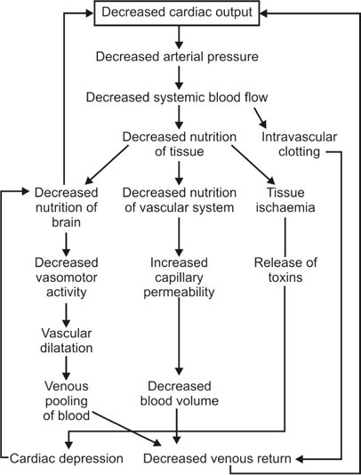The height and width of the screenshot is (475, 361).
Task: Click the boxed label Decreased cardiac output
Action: coord(179,13)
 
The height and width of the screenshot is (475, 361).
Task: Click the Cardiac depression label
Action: coord(67,458)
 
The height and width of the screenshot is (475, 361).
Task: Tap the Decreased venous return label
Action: coord(224,458)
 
